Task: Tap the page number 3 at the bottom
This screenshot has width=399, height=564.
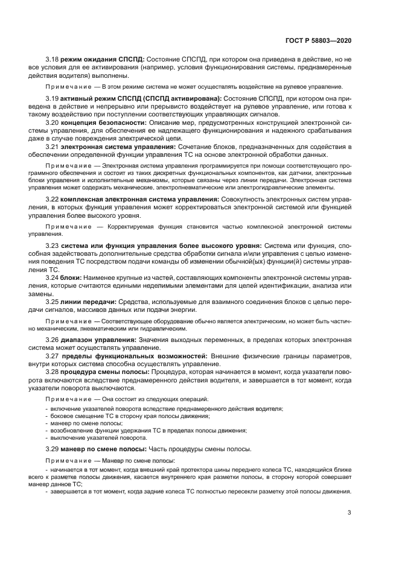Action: (350, 513)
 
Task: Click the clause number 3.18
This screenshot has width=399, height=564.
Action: (52, 60)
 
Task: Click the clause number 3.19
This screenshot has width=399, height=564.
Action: (52, 98)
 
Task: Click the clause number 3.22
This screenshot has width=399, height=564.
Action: (52, 199)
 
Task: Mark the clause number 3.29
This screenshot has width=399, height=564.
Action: (52, 450)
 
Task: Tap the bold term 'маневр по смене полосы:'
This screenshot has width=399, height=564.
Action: (103, 450)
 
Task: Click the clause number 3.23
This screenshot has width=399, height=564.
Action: (52, 246)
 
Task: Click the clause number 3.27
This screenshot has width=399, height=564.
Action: (52, 356)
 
